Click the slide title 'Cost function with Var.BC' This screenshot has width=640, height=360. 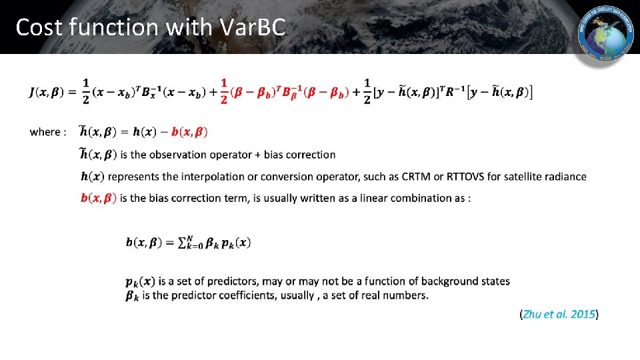(x=151, y=27)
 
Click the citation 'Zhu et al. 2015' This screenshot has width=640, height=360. (x=559, y=314)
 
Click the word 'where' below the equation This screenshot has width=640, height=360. (x=45, y=132)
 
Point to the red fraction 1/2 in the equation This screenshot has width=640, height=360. (x=224, y=91)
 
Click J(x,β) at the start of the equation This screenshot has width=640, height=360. (x=52, y=92)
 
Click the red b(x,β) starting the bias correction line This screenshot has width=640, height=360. (x=98, y=198)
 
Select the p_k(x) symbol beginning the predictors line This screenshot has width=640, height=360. (x=140, y=281)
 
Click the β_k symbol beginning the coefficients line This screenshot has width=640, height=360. (x=133, y=295)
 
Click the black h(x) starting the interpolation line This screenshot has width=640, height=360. (x=91, y=177)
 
